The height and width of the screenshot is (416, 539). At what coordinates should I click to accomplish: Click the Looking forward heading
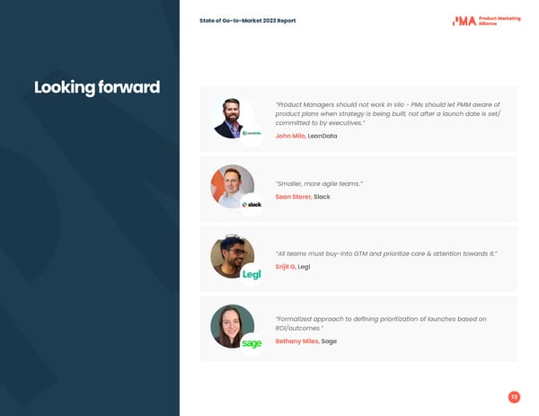click(97, 87)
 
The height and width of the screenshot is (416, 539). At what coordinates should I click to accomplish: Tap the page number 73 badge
click(514, 397)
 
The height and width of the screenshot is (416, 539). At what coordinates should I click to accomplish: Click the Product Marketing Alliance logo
click(485, 20)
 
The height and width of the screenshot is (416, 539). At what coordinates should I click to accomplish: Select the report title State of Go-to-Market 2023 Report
click(247, 21)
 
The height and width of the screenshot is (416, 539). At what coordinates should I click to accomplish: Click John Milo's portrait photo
click(232, 117)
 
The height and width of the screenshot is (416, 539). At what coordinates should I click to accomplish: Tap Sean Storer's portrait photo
click(232, 185)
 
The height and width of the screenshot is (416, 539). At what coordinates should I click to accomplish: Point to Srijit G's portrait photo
click(232, 256)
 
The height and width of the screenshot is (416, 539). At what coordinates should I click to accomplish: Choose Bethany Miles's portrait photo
click(232, 325)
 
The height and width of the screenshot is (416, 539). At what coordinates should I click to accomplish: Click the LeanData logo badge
click(252, 134)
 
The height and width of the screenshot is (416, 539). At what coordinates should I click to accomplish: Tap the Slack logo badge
click(252, 204)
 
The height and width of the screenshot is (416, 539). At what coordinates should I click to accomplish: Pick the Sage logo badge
click(252, 343)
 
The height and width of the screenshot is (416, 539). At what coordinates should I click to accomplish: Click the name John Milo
click(290, 136)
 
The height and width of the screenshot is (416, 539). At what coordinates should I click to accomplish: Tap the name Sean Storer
click(293, 196)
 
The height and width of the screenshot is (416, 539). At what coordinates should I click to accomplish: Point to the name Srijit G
click(285, 267)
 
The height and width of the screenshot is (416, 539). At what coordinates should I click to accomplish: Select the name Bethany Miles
click(296, 341)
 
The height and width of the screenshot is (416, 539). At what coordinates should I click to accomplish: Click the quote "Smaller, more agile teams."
click(319, 183)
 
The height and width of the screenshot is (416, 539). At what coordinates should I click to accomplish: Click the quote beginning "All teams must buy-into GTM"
click(386, 254)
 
